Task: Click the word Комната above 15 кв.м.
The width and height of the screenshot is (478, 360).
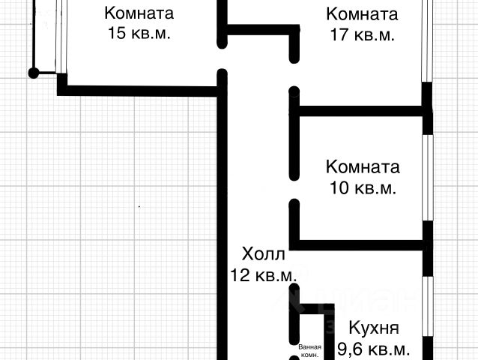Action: pyautogui.click(x=139, y=13)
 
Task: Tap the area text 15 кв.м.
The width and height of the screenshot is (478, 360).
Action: pyautogui.click(x=139, y=34)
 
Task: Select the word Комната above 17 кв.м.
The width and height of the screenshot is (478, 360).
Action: pyautogui.click(x=362, y=13)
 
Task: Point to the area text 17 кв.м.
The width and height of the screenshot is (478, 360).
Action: pyautogui.click(x=362, y=35)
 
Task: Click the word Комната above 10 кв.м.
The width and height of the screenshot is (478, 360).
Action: pyautogui.click(x=363, y=166)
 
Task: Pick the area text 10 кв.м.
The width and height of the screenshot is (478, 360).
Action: pyautogui.click(x=363, y=188)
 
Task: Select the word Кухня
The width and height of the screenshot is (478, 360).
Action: pyautogui.click(x=373, y=328)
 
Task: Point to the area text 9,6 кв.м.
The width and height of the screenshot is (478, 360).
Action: pyautogui.click(x=373, y=349)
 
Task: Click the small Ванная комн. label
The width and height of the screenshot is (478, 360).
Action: pyautogui.click(x=309, y=351)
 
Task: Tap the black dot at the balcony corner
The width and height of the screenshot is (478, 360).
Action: pyautogui.click(x=33, y=73)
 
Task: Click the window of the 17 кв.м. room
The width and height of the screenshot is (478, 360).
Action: pyautogui.click(x=426, y=41)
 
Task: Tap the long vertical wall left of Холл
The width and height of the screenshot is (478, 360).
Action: pyautogui.click(x=223, y=225)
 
